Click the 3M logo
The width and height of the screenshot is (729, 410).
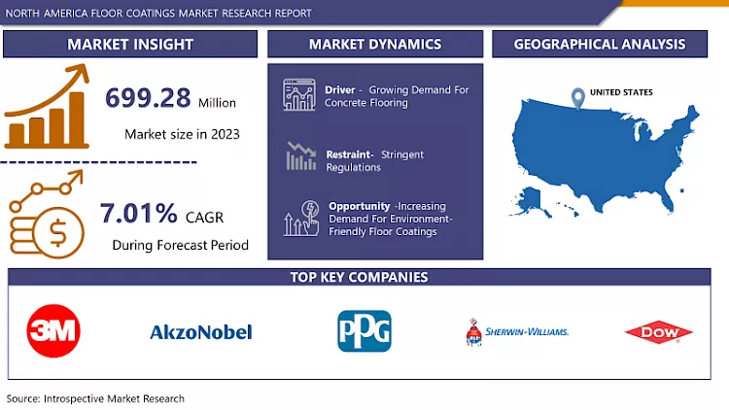53,330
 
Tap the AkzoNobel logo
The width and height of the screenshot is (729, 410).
201,332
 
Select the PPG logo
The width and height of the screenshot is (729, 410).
364,330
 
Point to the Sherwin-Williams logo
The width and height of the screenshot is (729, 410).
517,332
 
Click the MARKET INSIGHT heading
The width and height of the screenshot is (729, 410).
130,44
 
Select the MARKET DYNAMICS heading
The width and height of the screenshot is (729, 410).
374,44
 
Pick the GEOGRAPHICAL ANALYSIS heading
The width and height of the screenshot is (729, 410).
599,44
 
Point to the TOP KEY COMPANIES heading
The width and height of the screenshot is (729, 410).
359,277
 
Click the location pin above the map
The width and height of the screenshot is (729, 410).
578,98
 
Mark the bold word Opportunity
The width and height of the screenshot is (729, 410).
360,206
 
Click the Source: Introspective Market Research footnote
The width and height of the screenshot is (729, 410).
95,398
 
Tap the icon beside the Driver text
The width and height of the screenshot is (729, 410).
299,95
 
